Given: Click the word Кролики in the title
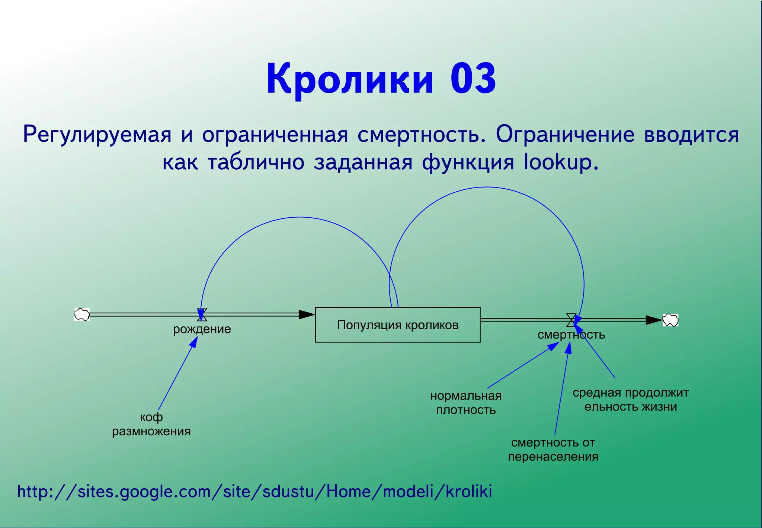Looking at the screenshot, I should click(x=350, y=79).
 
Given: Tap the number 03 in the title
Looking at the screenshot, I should click(x=473, y=79).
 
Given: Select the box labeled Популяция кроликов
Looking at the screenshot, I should click(x=397, y=325).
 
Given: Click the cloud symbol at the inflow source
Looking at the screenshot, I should click(x=81, y=314).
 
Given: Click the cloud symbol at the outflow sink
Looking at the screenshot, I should click(x=670, y=320).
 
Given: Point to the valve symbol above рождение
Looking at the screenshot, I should click(x=202, y=314).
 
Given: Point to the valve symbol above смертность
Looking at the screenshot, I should click(x=571, y=320).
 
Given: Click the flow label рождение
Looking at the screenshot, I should click(x=202, y=329).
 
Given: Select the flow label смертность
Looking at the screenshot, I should click(x=571, y=335).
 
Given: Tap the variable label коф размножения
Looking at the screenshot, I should click(x=151, y=424).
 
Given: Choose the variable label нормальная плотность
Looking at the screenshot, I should click(x=466, y=403).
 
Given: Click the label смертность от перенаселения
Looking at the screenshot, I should click(x=553, y=449).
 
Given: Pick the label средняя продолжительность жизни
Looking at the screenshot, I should click(x=630, y=400).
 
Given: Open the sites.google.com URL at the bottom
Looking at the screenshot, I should click(x=254, y=492).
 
